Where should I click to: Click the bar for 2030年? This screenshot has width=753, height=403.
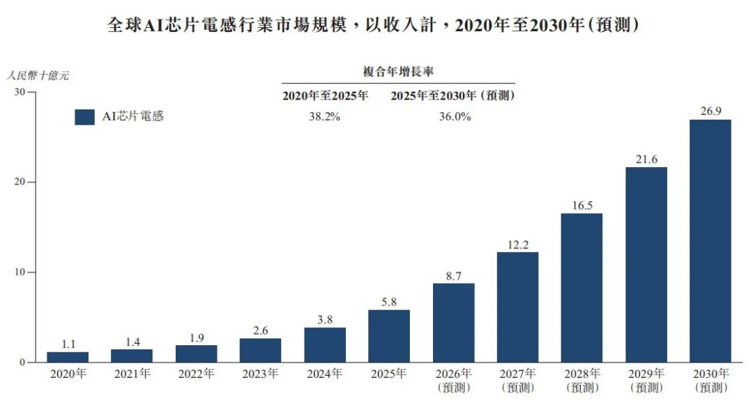click(x=710, y=241)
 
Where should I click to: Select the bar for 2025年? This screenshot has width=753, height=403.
click(x=389, y=336)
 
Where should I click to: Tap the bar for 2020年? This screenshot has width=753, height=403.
click(x=68, y=357)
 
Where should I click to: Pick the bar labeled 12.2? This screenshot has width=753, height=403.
click(x=517, y=307)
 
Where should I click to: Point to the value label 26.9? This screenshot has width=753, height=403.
click(x=710, y=111)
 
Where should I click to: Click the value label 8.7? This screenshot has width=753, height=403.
click(x=453, y=276)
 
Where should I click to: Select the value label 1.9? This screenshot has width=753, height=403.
click(x=197, y=338)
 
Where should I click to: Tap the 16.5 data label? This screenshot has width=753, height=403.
click(x=582, y=205)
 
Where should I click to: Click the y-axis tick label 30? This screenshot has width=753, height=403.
click(x=20, y=91)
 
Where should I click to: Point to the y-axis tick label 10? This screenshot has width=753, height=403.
click(x=20, y=272)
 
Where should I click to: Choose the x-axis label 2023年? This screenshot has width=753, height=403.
click(x=260, y=373)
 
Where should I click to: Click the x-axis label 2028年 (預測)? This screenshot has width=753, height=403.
click(x=582, y=380)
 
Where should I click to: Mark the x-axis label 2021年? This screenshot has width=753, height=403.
click(x=132, y=373)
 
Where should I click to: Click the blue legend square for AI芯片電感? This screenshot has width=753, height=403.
click(x=84, y=117)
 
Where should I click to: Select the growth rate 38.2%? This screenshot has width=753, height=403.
click(x=325, y=116)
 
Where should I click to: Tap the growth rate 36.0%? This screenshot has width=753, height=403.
click(x=455, y=116)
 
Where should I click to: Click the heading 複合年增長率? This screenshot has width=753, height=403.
click(x=398, y=72)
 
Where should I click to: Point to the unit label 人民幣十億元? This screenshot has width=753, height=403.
click(x=38, y=75)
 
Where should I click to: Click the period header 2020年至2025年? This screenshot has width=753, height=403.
click(x=325, y=95)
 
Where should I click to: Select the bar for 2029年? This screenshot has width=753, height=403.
click(x=646, y=265)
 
